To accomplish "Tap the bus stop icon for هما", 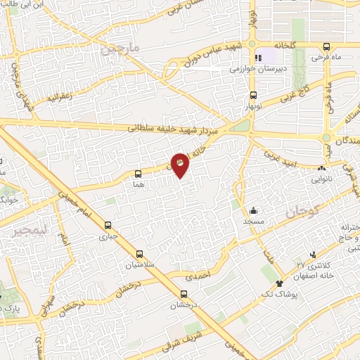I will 138,171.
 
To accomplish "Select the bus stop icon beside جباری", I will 108,226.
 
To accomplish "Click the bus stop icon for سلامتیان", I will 139,253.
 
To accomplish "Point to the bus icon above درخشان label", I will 184,295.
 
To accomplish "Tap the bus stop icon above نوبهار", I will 254,96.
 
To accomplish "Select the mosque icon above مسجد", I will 254,210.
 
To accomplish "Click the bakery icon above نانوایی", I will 322,168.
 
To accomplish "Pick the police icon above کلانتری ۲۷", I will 312,255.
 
